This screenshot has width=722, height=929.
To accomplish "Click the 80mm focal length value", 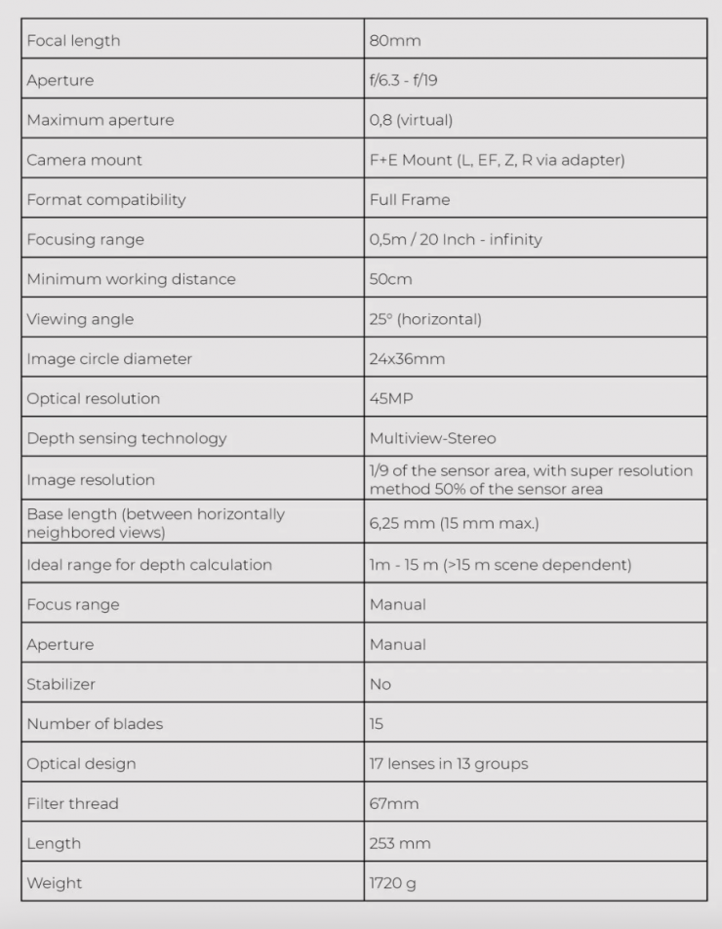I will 395,41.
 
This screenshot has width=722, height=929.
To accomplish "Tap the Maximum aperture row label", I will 100,121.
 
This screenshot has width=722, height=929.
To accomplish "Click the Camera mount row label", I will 85,160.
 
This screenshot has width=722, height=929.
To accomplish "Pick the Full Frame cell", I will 410,200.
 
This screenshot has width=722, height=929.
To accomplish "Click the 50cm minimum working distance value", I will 390,279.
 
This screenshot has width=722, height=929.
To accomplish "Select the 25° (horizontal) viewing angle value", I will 425,319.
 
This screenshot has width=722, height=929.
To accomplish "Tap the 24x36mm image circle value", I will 407,359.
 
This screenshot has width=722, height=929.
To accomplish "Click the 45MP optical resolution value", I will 390,399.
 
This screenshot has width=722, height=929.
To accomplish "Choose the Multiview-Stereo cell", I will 432,439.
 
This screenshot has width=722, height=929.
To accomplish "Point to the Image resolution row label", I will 91,480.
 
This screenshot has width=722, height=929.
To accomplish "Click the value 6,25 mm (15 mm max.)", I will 454,523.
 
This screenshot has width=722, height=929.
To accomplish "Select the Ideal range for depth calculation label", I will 149,565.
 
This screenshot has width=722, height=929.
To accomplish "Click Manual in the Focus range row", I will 397,605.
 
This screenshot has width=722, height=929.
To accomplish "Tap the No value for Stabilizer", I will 381,685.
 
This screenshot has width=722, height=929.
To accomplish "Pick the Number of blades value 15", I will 377,724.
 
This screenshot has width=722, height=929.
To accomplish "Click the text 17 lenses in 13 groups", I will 448,764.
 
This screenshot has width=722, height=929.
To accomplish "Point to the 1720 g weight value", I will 392,883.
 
